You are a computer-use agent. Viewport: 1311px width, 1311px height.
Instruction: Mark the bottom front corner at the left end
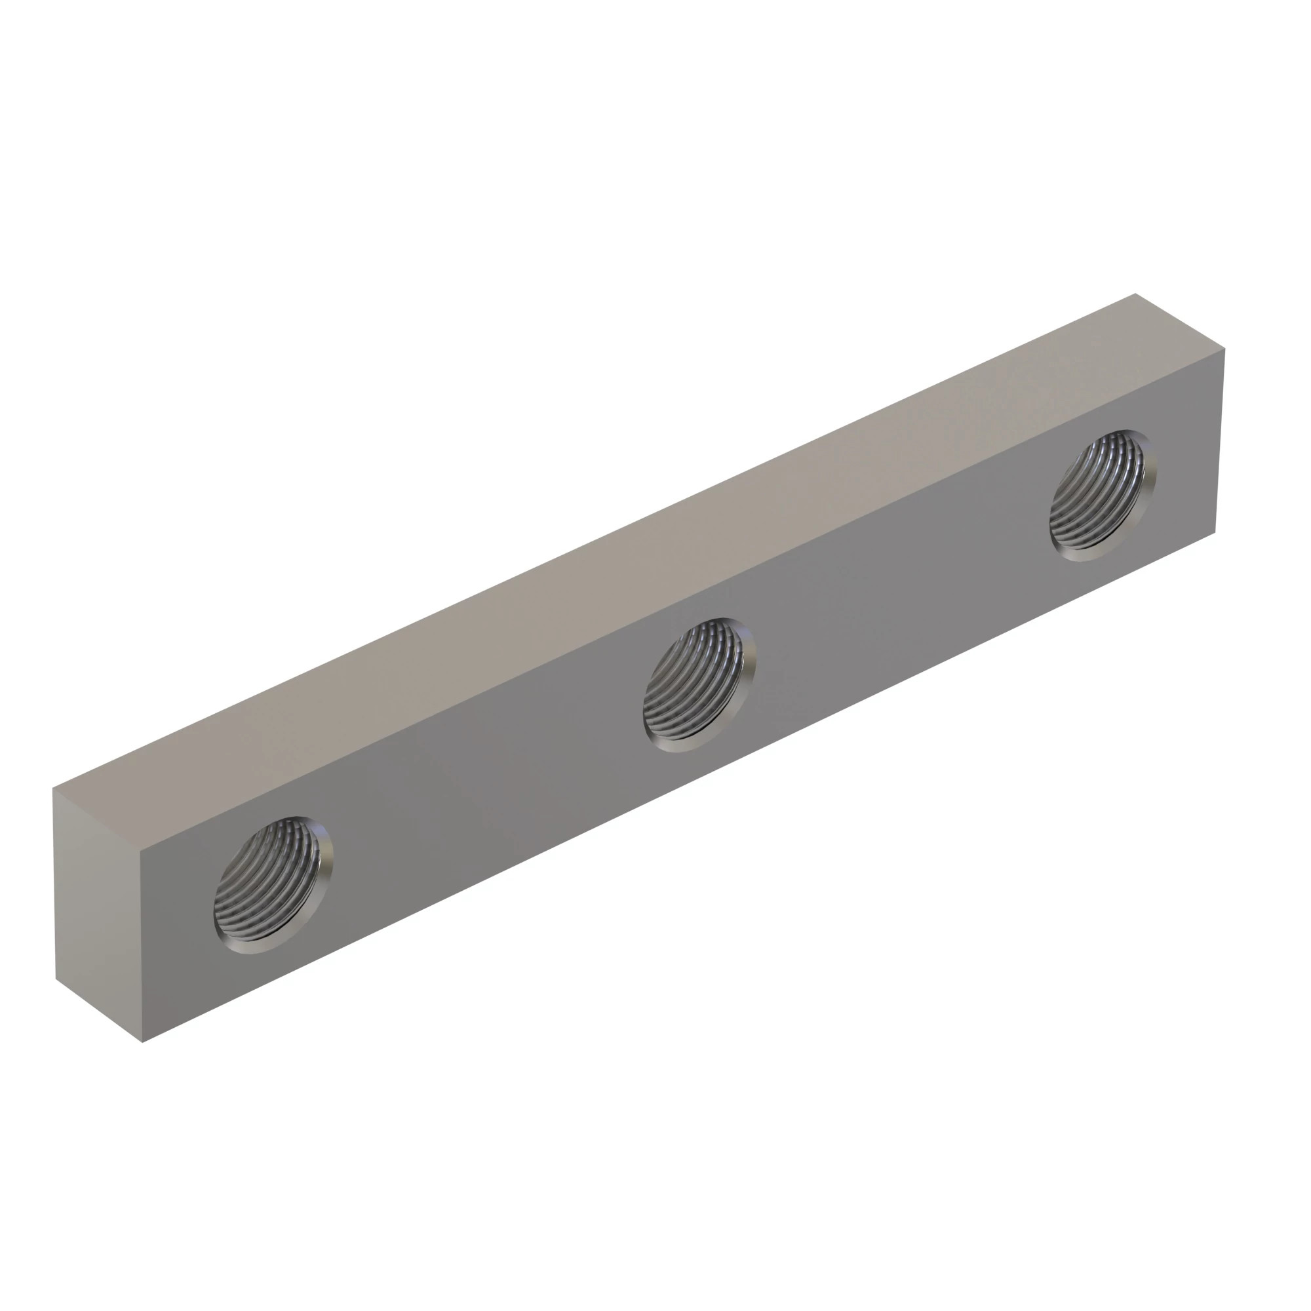[142, 1042]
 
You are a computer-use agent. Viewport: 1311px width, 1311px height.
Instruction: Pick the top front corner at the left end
[140, 851]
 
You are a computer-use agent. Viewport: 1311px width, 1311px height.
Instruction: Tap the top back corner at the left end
[54, 789]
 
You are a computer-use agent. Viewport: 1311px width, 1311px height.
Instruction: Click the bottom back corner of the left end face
[56, 979]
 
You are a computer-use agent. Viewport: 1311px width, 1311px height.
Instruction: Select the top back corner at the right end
[1135, 294]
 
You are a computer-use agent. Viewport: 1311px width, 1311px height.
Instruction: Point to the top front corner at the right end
[1225, 349]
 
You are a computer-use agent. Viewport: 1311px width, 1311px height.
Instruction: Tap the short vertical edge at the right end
[1220, 441]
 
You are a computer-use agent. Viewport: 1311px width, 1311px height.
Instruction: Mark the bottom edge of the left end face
[98, 1010]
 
